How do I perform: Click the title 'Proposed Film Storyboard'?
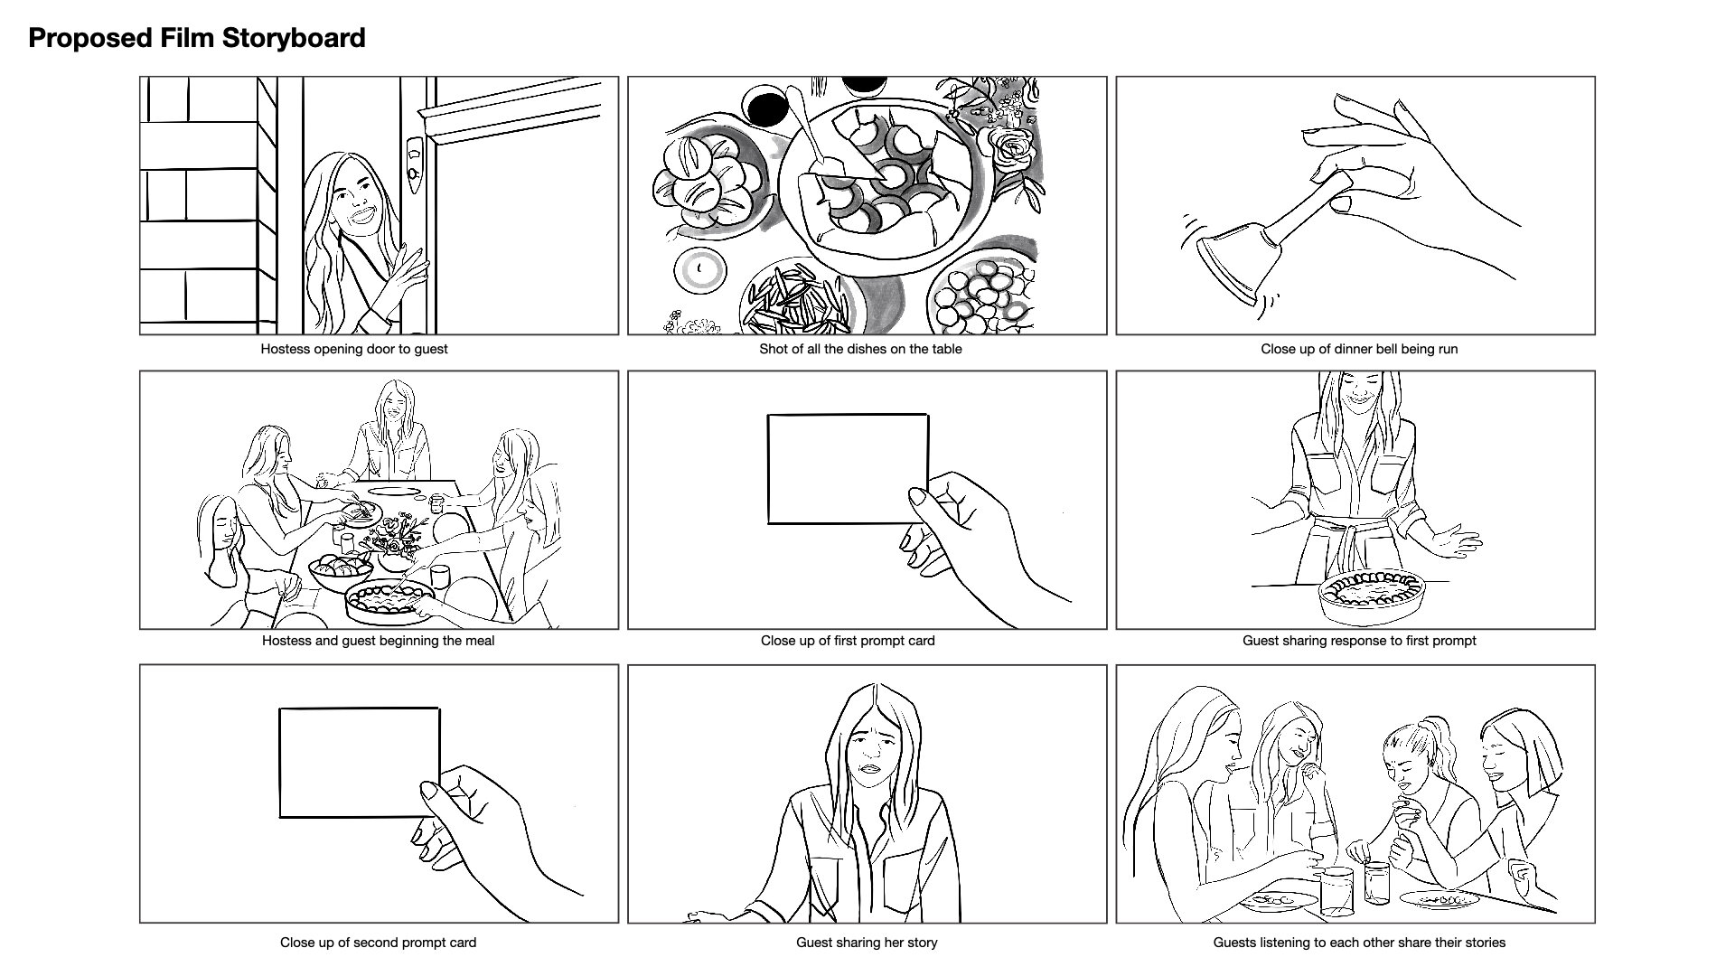197,38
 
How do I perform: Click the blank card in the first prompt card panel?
848,468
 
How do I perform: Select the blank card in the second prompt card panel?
360,763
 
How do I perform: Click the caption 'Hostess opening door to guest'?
354,349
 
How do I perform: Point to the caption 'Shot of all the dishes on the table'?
860,349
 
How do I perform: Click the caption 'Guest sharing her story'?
867,943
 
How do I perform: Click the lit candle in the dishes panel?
699,269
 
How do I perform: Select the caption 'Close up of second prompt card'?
378,943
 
